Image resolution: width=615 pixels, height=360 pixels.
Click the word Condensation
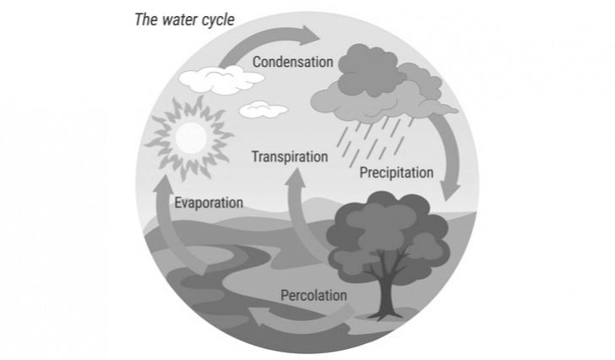[x=292, y=62]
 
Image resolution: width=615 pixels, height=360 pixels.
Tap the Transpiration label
[x=290, y=157]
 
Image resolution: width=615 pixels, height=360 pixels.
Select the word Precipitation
[x=396, y=172]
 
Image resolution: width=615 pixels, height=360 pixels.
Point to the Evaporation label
[x=209, y=203]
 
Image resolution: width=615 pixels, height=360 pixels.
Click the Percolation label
[x=313, y=295]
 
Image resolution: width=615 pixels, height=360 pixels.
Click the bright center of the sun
[x=191, y=137]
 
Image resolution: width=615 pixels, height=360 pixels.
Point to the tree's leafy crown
[x=389, y=235]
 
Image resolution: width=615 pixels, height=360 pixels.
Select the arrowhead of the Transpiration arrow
[x=297, y=178]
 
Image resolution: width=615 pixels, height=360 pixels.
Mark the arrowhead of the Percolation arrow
[x=259, y=316]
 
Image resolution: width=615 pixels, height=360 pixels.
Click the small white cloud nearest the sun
[x=264, y=110]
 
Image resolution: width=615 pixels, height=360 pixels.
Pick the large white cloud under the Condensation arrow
[x=221, y=79]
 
